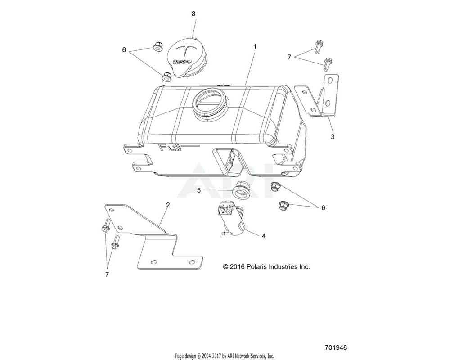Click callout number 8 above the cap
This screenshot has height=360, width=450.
(193, 13)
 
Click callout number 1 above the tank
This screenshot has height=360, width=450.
(255, 47)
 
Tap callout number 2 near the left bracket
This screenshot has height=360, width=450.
(168, 205)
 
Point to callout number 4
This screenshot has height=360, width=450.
(263, 236)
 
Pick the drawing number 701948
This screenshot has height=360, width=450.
(335, 348)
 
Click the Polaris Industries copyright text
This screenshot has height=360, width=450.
(266, 267)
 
